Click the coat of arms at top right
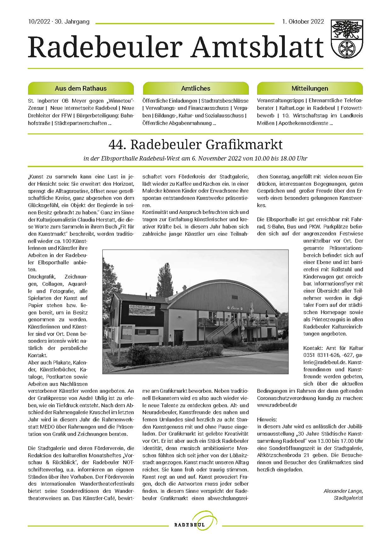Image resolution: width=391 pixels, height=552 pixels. [x=347, y=37]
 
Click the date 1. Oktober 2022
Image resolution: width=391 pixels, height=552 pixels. [x=303, y=22]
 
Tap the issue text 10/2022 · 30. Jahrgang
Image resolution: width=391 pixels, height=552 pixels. [x=59, y=22]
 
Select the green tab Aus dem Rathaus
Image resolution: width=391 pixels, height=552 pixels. [x=81, y=88]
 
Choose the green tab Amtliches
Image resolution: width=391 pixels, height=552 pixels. [x=196, y=88]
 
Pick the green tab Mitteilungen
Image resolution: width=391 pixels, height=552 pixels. [x=310, y=88]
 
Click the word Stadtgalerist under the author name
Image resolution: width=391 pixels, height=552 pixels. [x=348, y=498]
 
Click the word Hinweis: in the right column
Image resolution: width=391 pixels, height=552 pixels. [x=267, y=420]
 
